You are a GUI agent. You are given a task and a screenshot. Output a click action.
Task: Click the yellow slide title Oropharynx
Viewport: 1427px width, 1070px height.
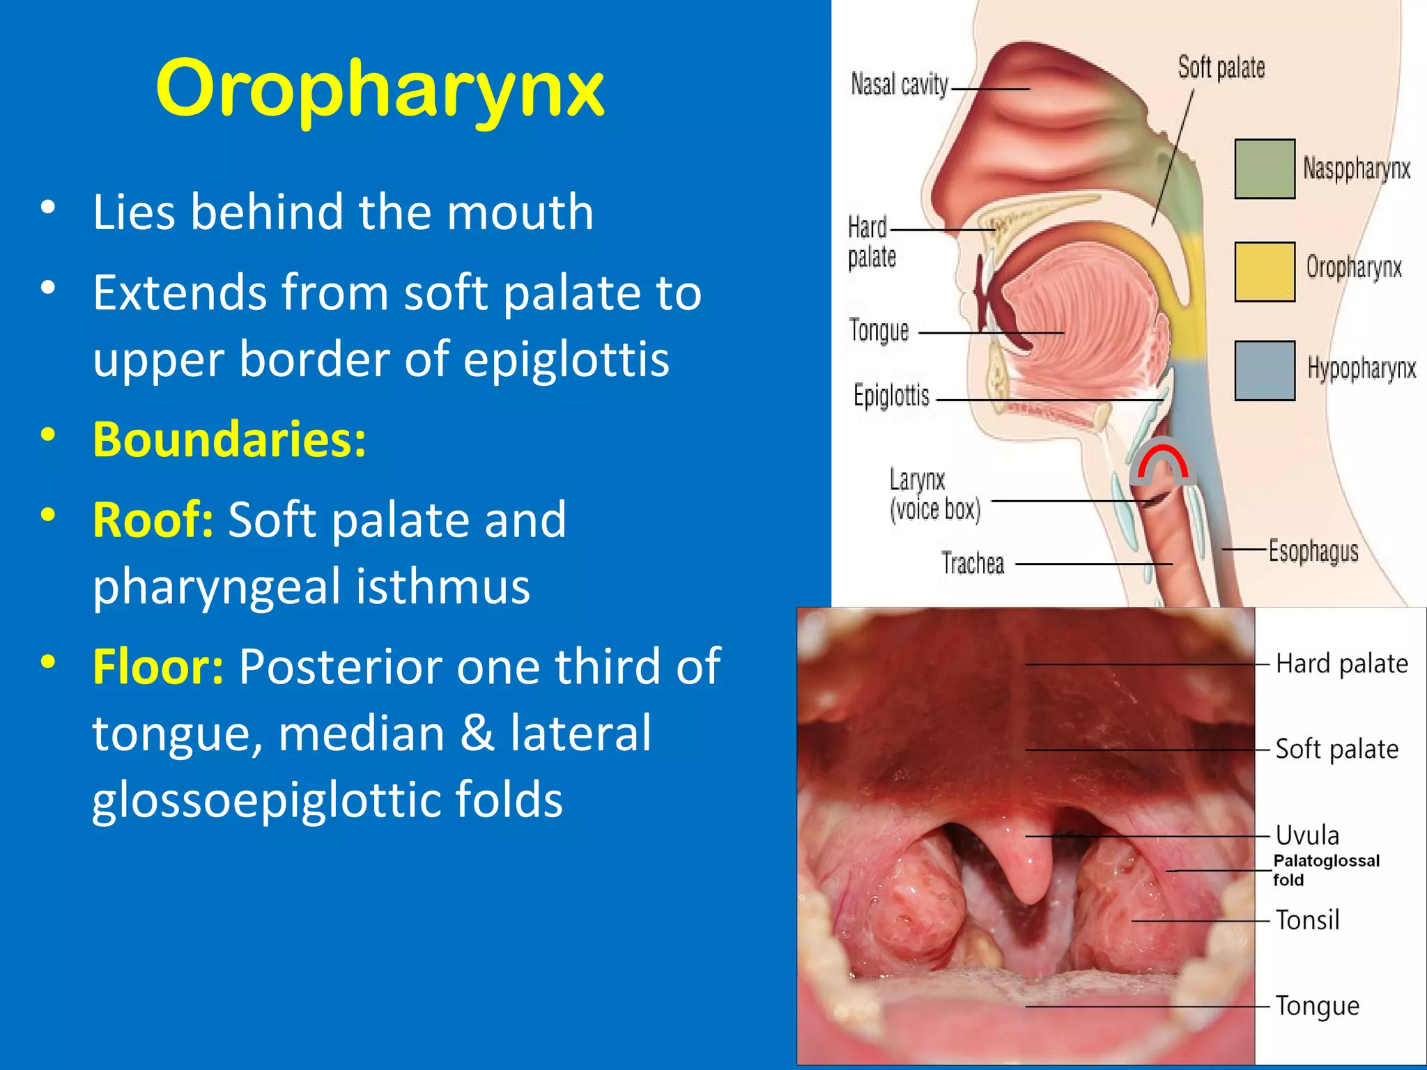[x=380, y=89]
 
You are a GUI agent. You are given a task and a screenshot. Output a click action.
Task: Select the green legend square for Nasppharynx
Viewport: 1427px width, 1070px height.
[x=1264, y=169]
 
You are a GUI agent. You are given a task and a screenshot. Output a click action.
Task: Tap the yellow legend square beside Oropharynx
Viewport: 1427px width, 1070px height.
[x=1264, y=272]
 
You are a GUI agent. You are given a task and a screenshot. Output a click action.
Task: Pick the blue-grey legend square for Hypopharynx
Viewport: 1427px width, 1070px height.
[x=1264, y=371]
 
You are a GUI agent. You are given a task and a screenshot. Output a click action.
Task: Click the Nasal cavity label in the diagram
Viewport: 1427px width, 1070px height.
[x=899, y=85]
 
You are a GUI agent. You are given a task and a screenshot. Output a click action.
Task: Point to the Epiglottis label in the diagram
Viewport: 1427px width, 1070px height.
[x=891, y=395]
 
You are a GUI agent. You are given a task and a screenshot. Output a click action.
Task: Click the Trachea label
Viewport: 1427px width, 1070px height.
[x=973, y=563]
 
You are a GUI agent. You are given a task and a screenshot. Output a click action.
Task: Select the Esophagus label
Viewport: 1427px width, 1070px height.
[x=1313, y=551]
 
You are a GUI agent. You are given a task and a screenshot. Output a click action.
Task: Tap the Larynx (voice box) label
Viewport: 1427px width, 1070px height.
[x=934, y=495]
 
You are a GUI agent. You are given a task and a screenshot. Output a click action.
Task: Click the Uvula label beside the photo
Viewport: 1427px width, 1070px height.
[x=1307, y=835]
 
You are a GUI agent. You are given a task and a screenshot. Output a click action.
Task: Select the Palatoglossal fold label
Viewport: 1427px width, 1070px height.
[x=1325, y=870]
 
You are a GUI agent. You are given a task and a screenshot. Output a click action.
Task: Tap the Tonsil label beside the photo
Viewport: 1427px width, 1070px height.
[x=1307, y=920]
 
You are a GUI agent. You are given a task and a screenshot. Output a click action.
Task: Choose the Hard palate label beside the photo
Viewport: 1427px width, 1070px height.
[x=1341, y=663]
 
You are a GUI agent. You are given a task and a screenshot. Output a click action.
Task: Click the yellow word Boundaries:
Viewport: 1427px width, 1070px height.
[x=229, y=439]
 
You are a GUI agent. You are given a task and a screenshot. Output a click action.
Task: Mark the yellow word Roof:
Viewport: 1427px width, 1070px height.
[x=153, y=520]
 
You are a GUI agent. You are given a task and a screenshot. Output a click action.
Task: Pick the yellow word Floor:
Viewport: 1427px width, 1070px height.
[x=158, y=667]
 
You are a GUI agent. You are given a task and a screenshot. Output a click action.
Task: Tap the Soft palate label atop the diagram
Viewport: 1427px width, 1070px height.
[x=1221, y=68]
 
